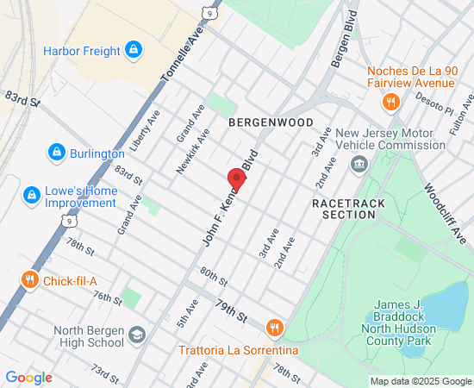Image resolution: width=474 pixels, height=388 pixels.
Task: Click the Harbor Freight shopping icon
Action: pyautogui.click(x=133, y=50)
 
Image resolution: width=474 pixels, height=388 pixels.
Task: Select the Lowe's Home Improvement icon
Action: pyautogui.click(x=31, y=196)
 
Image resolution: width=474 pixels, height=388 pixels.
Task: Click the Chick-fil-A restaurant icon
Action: pyautogui.click(x=29, y=279)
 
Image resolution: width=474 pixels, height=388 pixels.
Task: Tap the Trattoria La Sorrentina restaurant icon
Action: pyautogui.click(x=275, y=328)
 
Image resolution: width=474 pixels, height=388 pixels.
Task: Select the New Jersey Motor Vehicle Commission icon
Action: pyautogui.click(x=360, y=164)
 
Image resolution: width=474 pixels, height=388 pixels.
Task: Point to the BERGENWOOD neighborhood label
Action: pyautogui.click(x=271, y=123)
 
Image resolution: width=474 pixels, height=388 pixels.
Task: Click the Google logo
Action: pyautogui.click(x=28, y=378)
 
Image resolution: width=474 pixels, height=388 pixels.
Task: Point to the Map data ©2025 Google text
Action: pyautogui.click(x=421, y=381)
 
